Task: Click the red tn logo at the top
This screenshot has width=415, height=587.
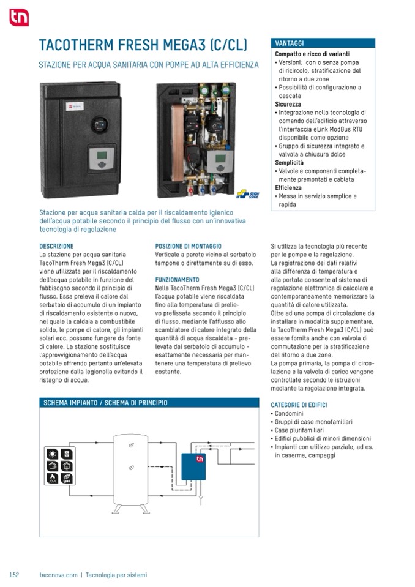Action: click(x=19, y=18)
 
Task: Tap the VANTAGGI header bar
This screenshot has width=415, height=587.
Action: click(x=323, y=43)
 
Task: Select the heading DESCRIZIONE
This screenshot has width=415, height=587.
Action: click(x=56, y=246)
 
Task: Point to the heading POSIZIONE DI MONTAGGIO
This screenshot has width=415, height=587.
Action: click(x=189, y=246)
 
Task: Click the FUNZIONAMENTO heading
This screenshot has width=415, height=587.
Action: click(x=177, y=279)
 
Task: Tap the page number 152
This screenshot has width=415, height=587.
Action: click(x=14, y=575)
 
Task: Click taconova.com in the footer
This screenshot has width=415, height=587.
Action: click(x=58, y=575)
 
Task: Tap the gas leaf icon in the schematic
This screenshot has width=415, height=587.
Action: click(x=67, y=478)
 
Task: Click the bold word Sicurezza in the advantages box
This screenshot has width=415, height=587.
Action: click(x=288, y=105)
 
